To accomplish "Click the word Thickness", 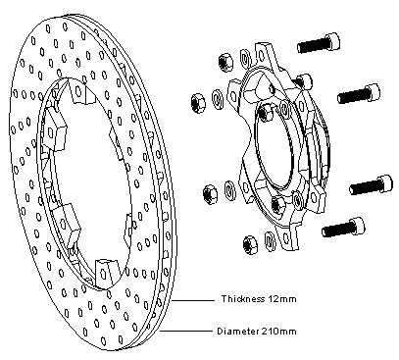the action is point(243,299).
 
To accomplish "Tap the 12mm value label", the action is point(282,299).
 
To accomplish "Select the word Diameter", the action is point(237,332).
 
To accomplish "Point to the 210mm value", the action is point(278,332).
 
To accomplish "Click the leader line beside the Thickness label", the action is point(192,300).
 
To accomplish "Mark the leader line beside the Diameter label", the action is point(185,332).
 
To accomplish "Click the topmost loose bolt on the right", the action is point(319,43).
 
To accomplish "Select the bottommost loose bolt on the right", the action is point(343,228).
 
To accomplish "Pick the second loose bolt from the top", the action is point(359,93).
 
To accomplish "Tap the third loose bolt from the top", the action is point(372,185).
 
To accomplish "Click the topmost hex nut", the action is point(225,62).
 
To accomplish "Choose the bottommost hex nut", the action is point(251,245).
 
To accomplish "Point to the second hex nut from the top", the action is point(198,102).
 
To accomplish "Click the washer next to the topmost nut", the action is point(245,58).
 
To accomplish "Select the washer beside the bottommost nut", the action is point(270,241).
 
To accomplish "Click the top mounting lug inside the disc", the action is point(78,90).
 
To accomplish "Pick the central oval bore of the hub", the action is point(274,144).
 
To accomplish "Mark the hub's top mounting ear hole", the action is point(262,55).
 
